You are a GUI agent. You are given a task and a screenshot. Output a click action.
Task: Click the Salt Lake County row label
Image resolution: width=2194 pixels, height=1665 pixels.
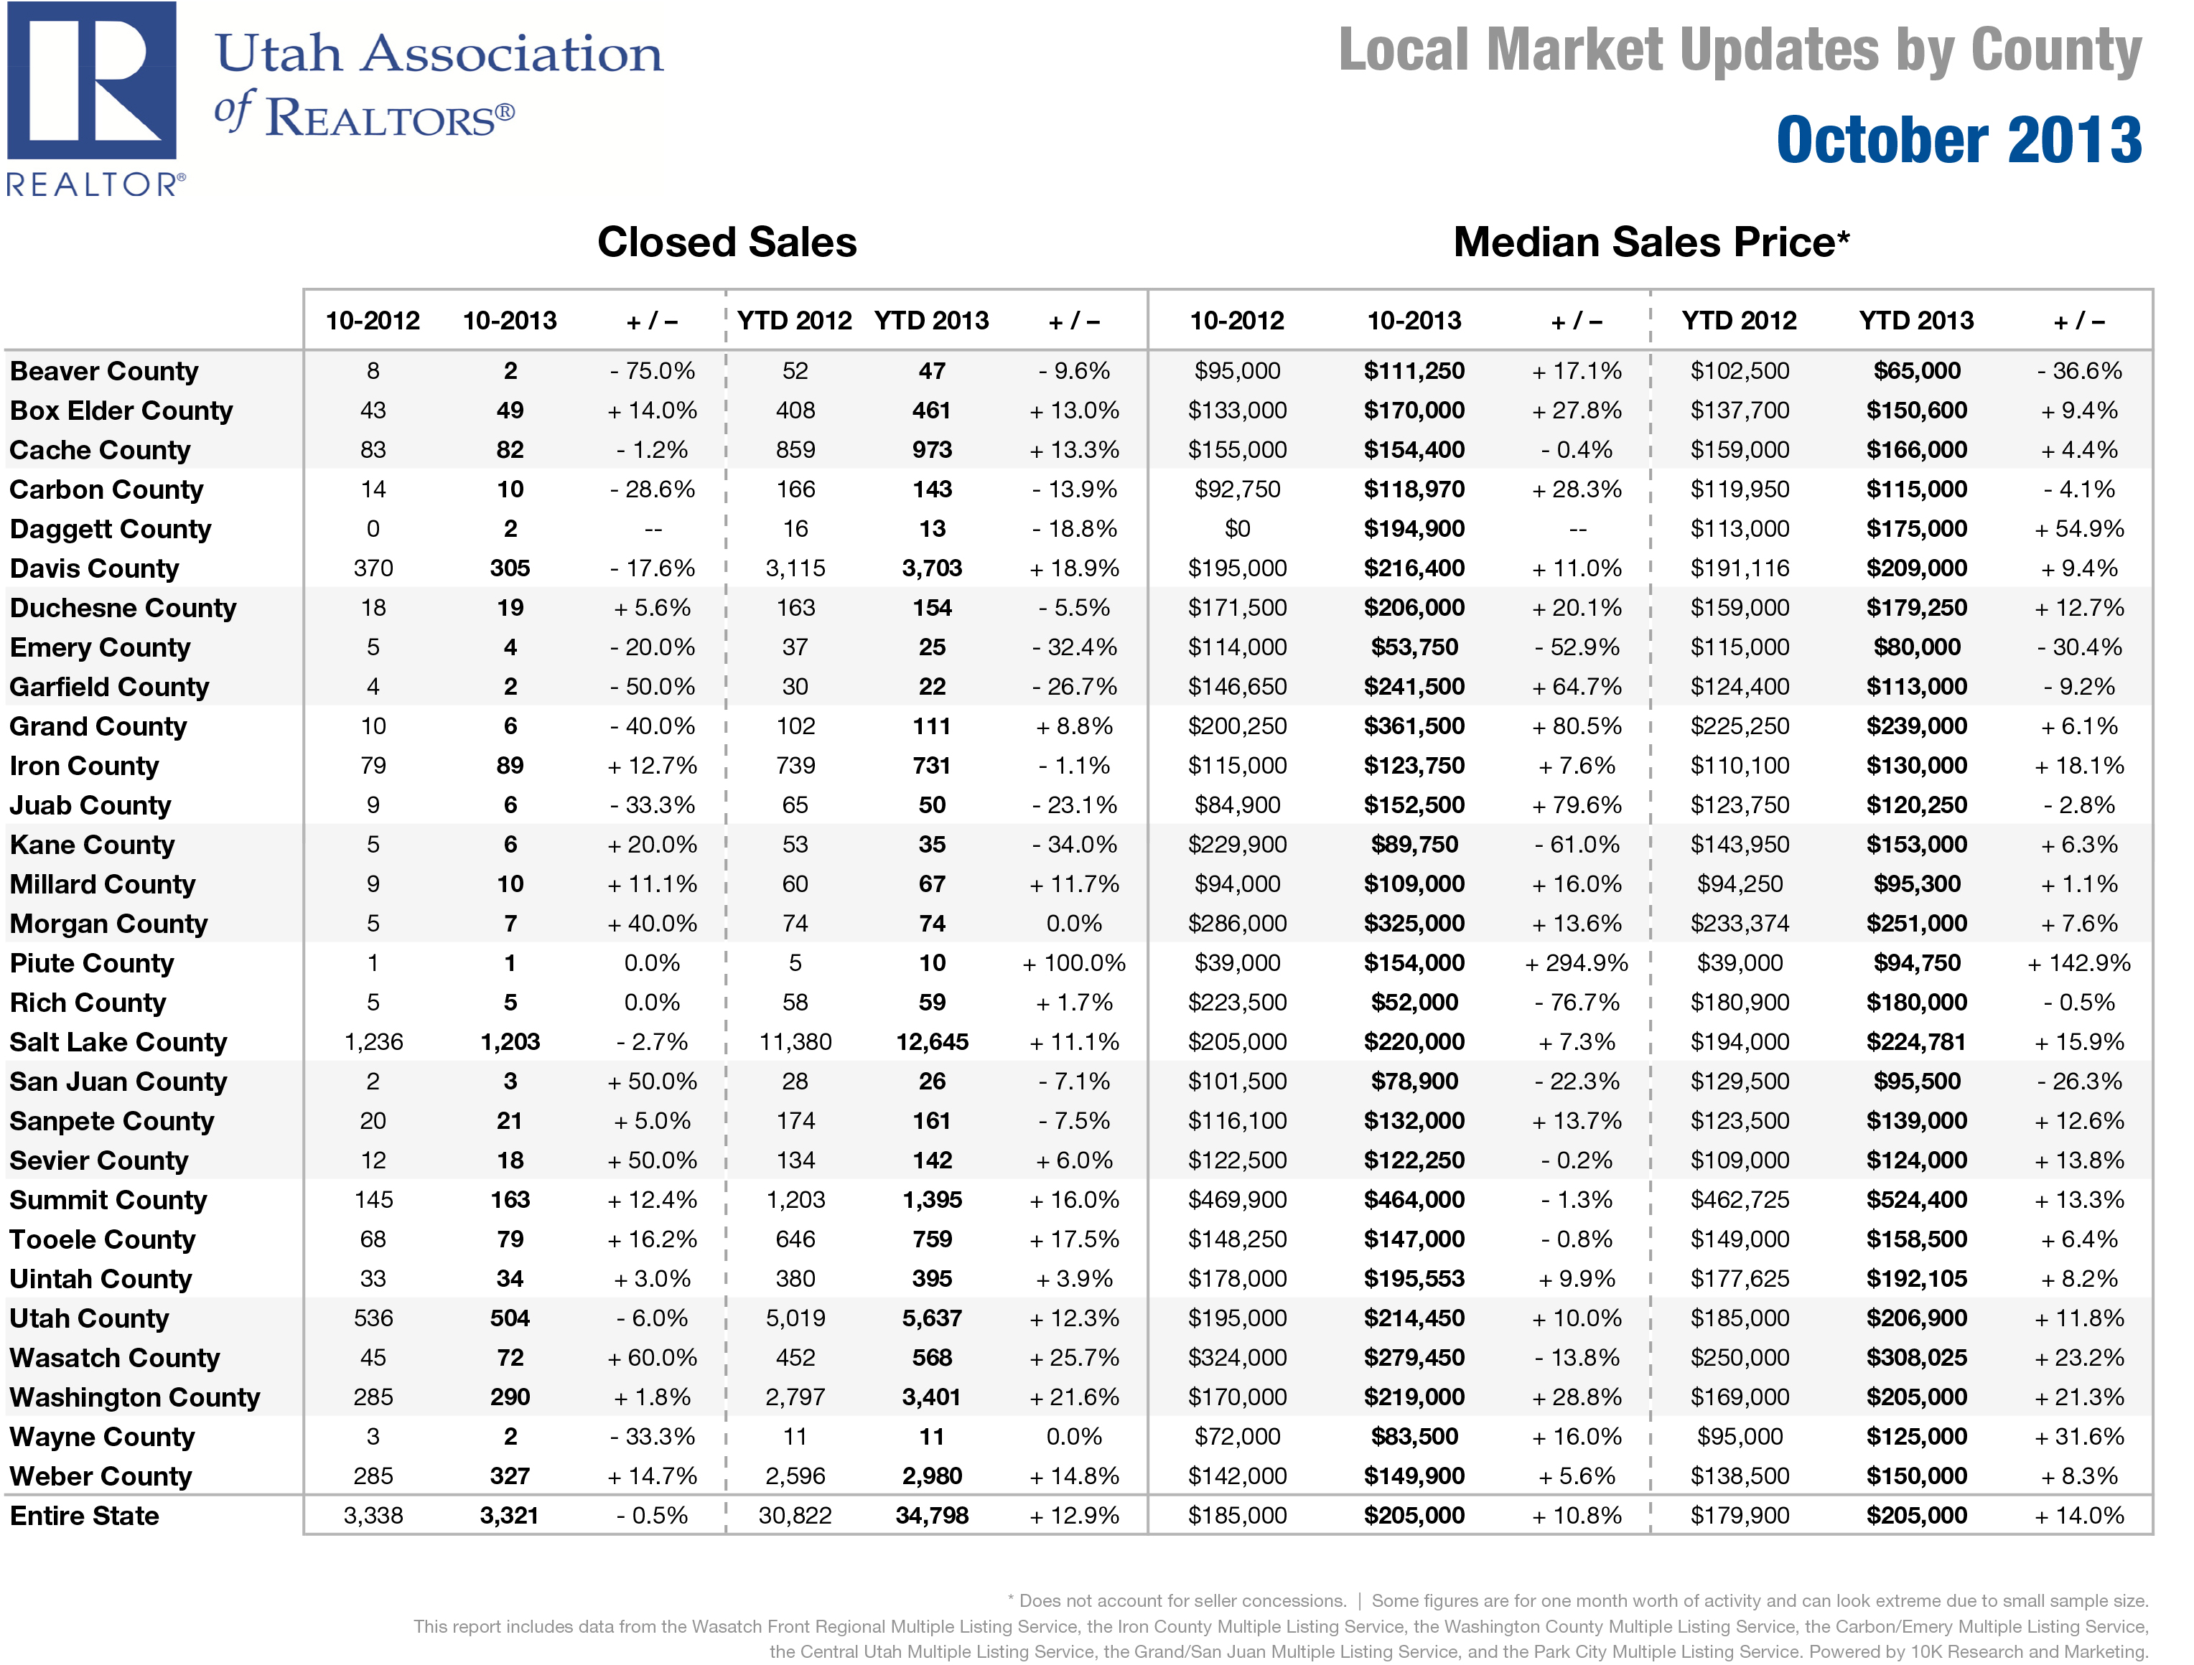point(118,1042)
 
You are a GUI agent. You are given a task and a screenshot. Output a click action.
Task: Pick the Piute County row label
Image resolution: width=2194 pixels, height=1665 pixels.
point(91,963)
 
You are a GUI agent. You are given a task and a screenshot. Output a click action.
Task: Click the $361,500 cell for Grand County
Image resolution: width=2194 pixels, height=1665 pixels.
point(1414,726)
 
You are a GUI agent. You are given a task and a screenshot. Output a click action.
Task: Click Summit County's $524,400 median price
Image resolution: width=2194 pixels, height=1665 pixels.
point(1915,1200)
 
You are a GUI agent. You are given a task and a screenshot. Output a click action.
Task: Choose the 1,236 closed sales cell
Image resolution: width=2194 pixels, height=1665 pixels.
point(373,1042)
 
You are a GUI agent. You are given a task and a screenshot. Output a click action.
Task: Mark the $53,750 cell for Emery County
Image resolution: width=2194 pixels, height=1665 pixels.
point(1414,647)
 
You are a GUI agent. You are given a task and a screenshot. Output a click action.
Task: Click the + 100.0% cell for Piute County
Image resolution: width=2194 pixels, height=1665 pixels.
point(1073,963)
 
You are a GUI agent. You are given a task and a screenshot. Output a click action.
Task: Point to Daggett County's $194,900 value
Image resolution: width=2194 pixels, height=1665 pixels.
point(1414,528)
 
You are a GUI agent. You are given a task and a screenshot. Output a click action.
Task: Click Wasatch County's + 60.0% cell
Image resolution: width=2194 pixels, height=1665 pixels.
point(652,1358)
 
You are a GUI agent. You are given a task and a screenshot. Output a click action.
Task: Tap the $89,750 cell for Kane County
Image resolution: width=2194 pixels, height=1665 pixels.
point(1414,845)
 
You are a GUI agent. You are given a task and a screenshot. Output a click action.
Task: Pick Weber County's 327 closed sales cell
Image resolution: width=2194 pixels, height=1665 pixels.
point(509,1476)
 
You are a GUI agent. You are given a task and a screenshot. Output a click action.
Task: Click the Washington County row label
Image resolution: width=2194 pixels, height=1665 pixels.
point(135,1397)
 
